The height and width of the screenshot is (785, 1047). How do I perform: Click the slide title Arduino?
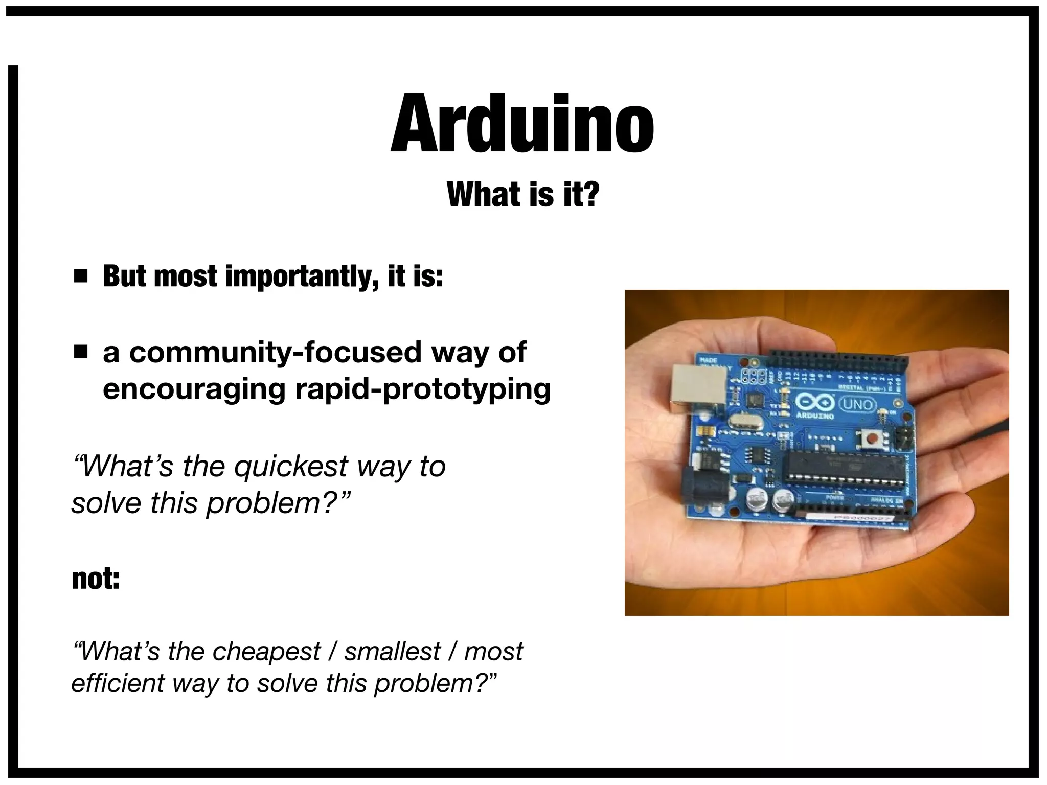click(x=522, y=124)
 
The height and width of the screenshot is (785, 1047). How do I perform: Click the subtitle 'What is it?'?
click(x=522, y=194)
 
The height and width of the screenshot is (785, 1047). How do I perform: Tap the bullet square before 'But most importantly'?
click(x=80, y=276)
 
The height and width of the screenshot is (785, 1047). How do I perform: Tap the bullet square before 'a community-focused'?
click(x=80, y=352)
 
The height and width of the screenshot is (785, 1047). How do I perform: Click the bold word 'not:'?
click(x=96, y=579)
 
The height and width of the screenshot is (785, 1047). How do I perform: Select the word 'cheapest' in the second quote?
click(x=266, y=651)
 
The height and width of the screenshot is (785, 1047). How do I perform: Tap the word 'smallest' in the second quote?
click(x=392, y=651)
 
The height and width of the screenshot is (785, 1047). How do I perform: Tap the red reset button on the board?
click(x=871, y=438)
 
